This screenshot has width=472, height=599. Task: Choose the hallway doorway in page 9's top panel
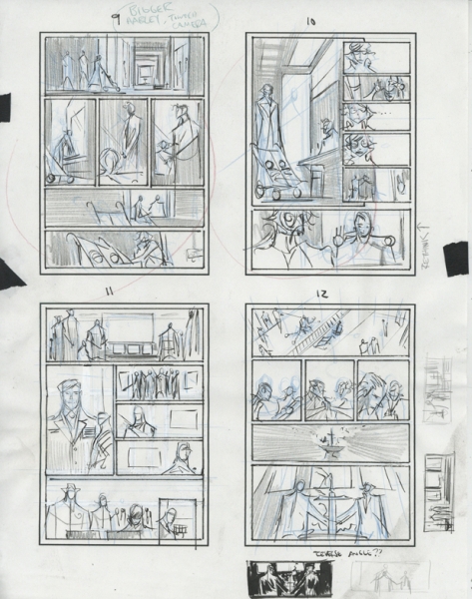[151, 68]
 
